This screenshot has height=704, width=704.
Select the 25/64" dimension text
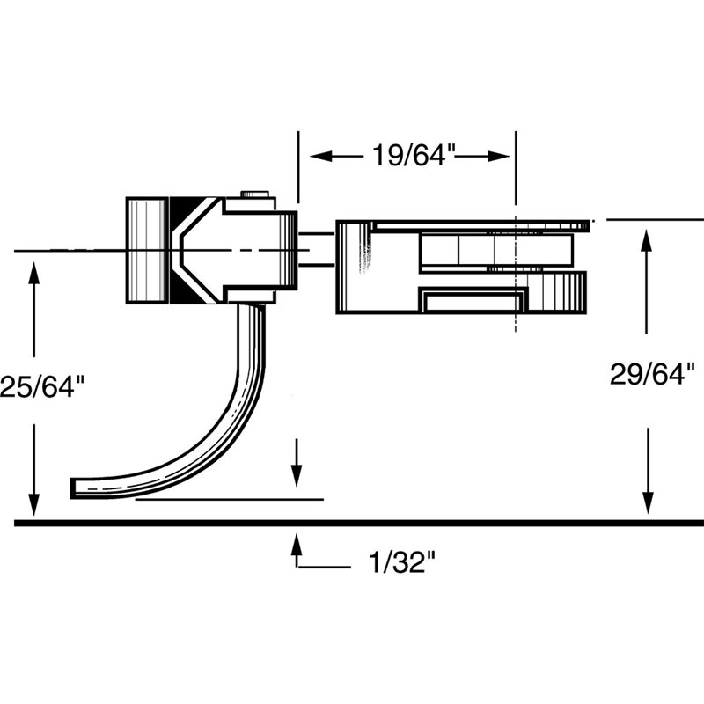pos(42,386)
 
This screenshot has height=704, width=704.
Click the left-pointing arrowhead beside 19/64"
pos(320,157)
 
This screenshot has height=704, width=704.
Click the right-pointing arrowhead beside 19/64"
pos(498,157)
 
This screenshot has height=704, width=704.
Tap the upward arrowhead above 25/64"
pos(33,273)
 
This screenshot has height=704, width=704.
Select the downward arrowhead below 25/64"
pos(33,505)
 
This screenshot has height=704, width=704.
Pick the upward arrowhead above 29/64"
pos(646,240)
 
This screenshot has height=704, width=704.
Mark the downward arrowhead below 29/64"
pos(648,502)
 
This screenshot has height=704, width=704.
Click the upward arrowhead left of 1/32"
pos(296,544)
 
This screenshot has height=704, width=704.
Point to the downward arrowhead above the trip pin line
pos(296,475)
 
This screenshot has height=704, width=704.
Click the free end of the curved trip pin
pos(72,489)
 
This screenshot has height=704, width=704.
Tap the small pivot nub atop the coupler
pos(255,194)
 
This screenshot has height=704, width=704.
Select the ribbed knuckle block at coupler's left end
pos(147,251)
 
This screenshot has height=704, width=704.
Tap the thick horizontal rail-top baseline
pos(359,523)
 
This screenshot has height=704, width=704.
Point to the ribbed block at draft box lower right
pos(557,292)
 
